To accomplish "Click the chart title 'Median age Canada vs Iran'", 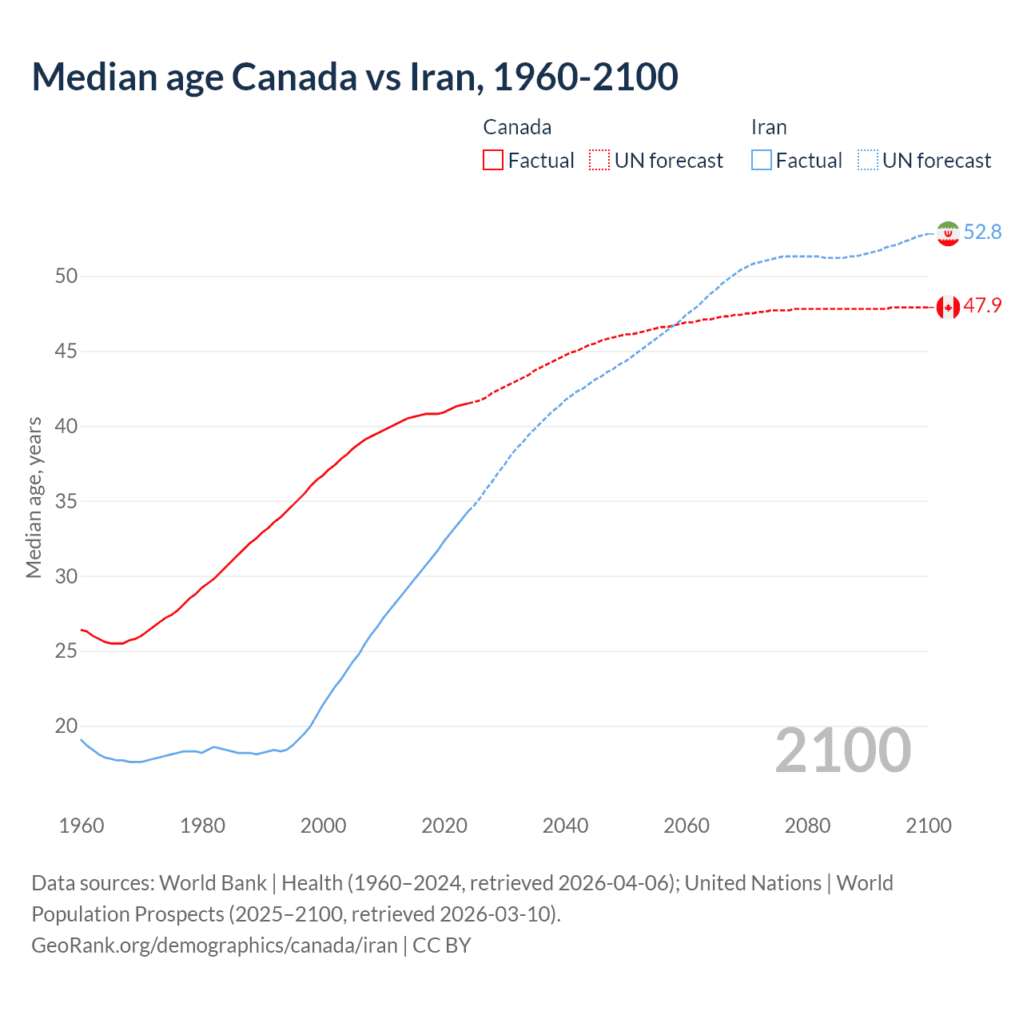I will click(355, 77).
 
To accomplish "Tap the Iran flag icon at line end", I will click(948, 233).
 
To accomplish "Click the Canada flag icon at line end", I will click(948, 307).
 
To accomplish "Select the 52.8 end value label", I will click(982, 232).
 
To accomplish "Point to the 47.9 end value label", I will click(982, 306).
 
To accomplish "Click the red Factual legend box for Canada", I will click(493, 161).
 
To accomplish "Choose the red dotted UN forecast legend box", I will click(599, 161).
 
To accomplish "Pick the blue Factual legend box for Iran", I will click(762, 161).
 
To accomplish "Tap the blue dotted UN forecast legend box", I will click(868, 161).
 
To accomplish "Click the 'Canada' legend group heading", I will click(517, 127).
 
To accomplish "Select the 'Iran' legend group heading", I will click(769, 127).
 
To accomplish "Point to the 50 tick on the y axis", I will click(66, 277).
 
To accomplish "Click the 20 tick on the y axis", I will click(66, 726).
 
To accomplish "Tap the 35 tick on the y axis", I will click(66, 502).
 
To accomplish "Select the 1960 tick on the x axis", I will click(82, 826).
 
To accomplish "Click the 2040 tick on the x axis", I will click(565, 826).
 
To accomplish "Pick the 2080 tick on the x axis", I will click(807, 826).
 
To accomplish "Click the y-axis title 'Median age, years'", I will click(34, 497).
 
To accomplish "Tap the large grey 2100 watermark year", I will click(842, 750).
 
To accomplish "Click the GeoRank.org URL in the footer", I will click(214, 945).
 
